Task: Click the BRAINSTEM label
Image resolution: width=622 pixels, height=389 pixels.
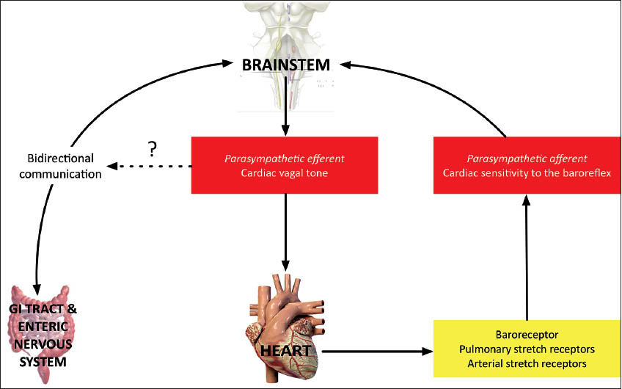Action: [286, 66]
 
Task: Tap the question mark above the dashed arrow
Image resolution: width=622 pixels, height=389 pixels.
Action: [152, 150]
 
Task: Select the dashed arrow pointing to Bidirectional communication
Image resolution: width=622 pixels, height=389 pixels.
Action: [147, 165]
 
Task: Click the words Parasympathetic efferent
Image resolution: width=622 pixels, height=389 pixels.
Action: [285, 157]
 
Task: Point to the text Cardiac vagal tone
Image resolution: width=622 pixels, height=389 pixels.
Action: [285, 173]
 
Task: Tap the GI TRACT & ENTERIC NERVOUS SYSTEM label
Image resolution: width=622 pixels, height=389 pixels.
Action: [44, 335]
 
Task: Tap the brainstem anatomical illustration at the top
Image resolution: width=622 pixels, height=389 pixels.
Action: [286, 29]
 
